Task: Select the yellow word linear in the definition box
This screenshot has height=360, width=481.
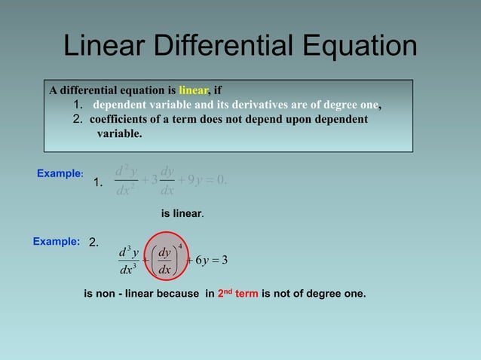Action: click(x=194, y=91)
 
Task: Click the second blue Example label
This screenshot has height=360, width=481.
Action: click(x=56, y=242)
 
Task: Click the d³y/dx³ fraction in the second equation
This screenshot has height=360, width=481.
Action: click(x=128, y=260)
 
